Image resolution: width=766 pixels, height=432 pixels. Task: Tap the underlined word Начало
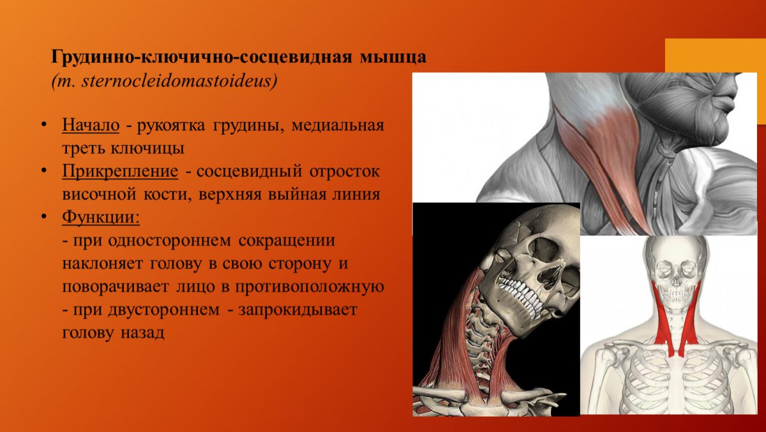point(91,125)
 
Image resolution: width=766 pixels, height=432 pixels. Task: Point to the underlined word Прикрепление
point(120,171)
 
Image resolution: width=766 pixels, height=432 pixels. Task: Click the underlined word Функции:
point(101,217)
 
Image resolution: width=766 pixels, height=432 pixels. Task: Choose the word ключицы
point(147,148)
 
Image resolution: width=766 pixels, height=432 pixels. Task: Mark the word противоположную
point(309,287)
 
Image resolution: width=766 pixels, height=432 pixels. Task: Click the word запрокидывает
point(298,310)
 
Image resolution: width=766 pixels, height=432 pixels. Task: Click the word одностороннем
point(170,241)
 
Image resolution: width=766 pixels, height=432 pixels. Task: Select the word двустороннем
point(164,310)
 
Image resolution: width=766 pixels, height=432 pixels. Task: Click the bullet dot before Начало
point(43,124)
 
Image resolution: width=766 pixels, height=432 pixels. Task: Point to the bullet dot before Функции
point(43,217)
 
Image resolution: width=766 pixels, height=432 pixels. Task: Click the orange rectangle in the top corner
point(716,55)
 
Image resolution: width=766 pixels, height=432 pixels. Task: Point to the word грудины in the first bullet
point(248,126)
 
